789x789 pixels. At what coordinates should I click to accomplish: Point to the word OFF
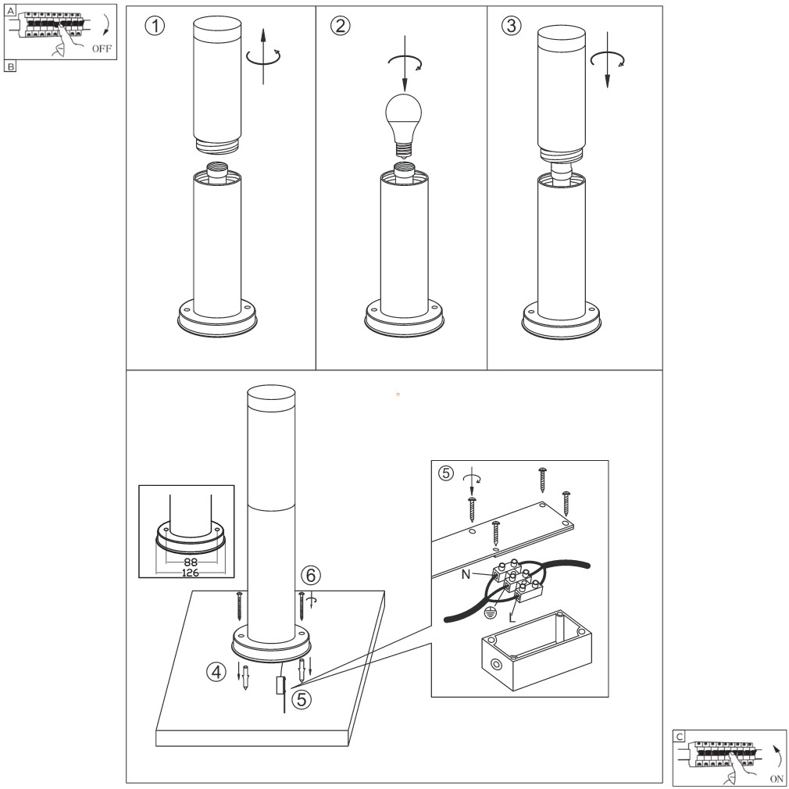point(102,49)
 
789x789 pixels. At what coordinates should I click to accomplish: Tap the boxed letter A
point(10,9)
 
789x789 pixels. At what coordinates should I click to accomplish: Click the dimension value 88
point(191,562)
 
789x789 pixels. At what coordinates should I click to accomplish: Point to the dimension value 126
point(191,572)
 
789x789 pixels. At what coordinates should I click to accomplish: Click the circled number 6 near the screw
point(311,575)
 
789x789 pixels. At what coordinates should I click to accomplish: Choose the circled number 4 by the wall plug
point(219,671)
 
